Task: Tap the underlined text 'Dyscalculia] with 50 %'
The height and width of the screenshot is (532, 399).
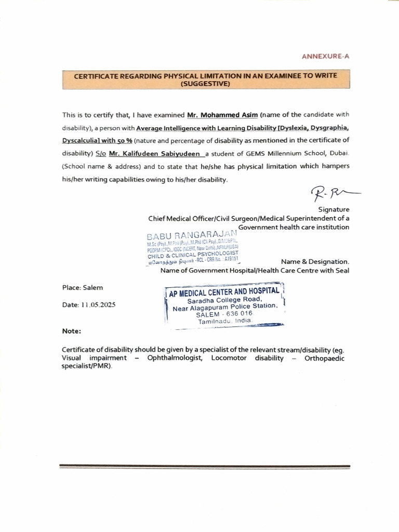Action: (x=98, y=141)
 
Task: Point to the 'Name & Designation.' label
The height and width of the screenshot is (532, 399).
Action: (x=315, y=262)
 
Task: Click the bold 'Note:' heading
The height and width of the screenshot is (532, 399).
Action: (x=71, y=331)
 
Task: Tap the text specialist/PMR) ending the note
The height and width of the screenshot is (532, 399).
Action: (x=86, y=366)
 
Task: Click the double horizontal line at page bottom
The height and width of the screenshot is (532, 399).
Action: (x=205, y=467)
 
